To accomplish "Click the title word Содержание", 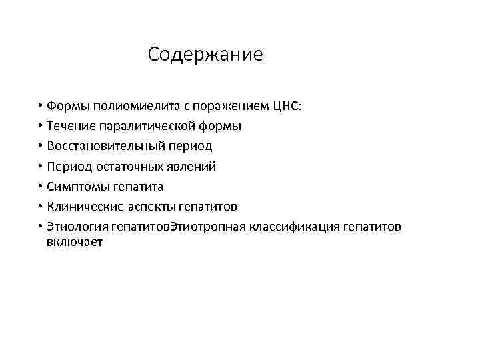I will pyautogui.click(x=205, y=54).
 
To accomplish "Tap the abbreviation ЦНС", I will pyautogui.click(x=287, y=106).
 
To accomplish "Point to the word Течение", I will pyautogui.click(x=71, y=126).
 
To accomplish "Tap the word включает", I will pyautogui.click(x=75, y=243).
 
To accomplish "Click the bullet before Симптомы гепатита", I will pyautogui.click(x=40, y=186).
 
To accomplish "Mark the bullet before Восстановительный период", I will pyautogui.click(x=40, y=146).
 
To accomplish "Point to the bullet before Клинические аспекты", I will pyautogui.click(x=40, y=206).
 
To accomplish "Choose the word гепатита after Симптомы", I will pyautogui.click(x=138, y=186).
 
